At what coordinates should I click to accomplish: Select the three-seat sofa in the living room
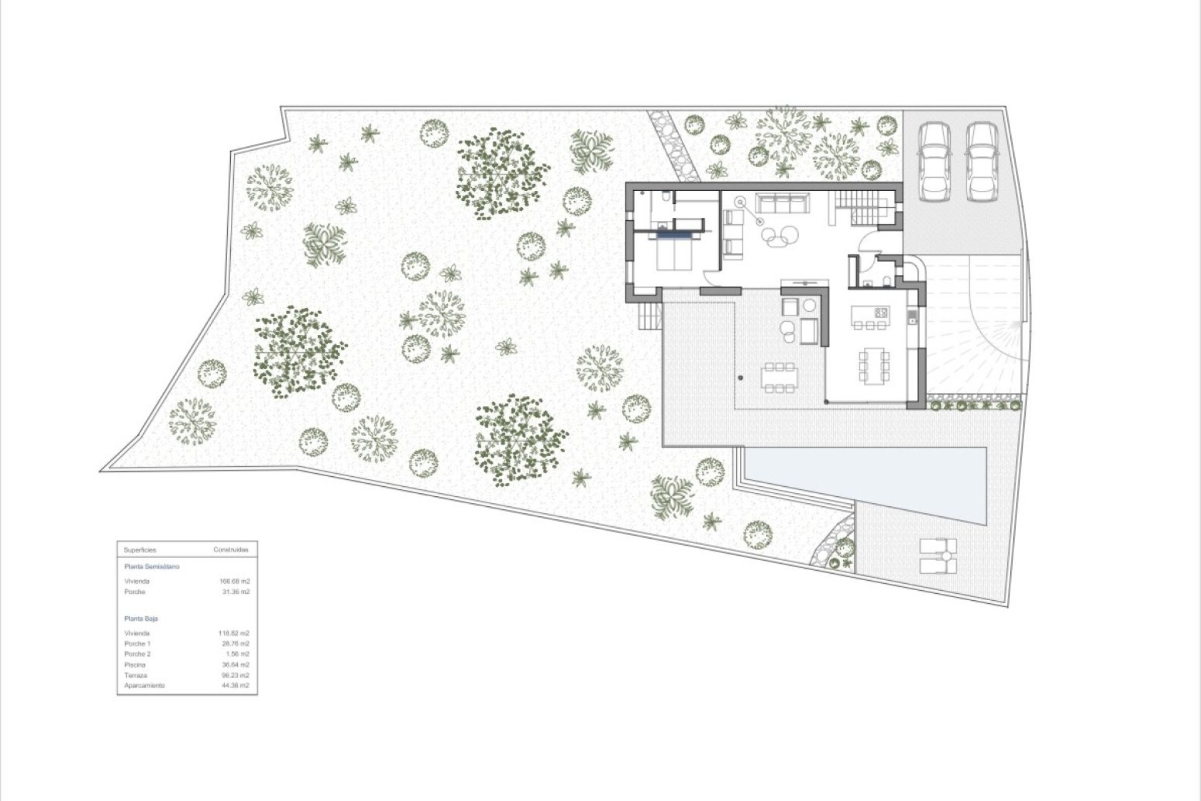[781, 203]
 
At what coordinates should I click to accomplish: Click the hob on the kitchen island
[881, 312]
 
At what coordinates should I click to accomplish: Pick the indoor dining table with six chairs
[874, 365]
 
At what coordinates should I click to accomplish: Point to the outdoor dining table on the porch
[779, 377]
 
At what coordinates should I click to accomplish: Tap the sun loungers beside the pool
[938, 556]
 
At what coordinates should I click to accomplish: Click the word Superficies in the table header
[140, 550]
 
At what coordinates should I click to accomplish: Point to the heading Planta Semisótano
[152, 567]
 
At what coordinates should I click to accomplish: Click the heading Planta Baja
[141, 619]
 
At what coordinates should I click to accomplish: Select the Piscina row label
[135, 665]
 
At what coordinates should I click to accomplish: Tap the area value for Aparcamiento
[235, 686]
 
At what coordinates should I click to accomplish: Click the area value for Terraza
[235, 675]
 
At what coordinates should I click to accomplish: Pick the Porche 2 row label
[138, 654]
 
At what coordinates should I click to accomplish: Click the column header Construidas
[231, 550]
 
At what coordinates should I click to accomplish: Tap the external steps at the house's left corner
[651, 315]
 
